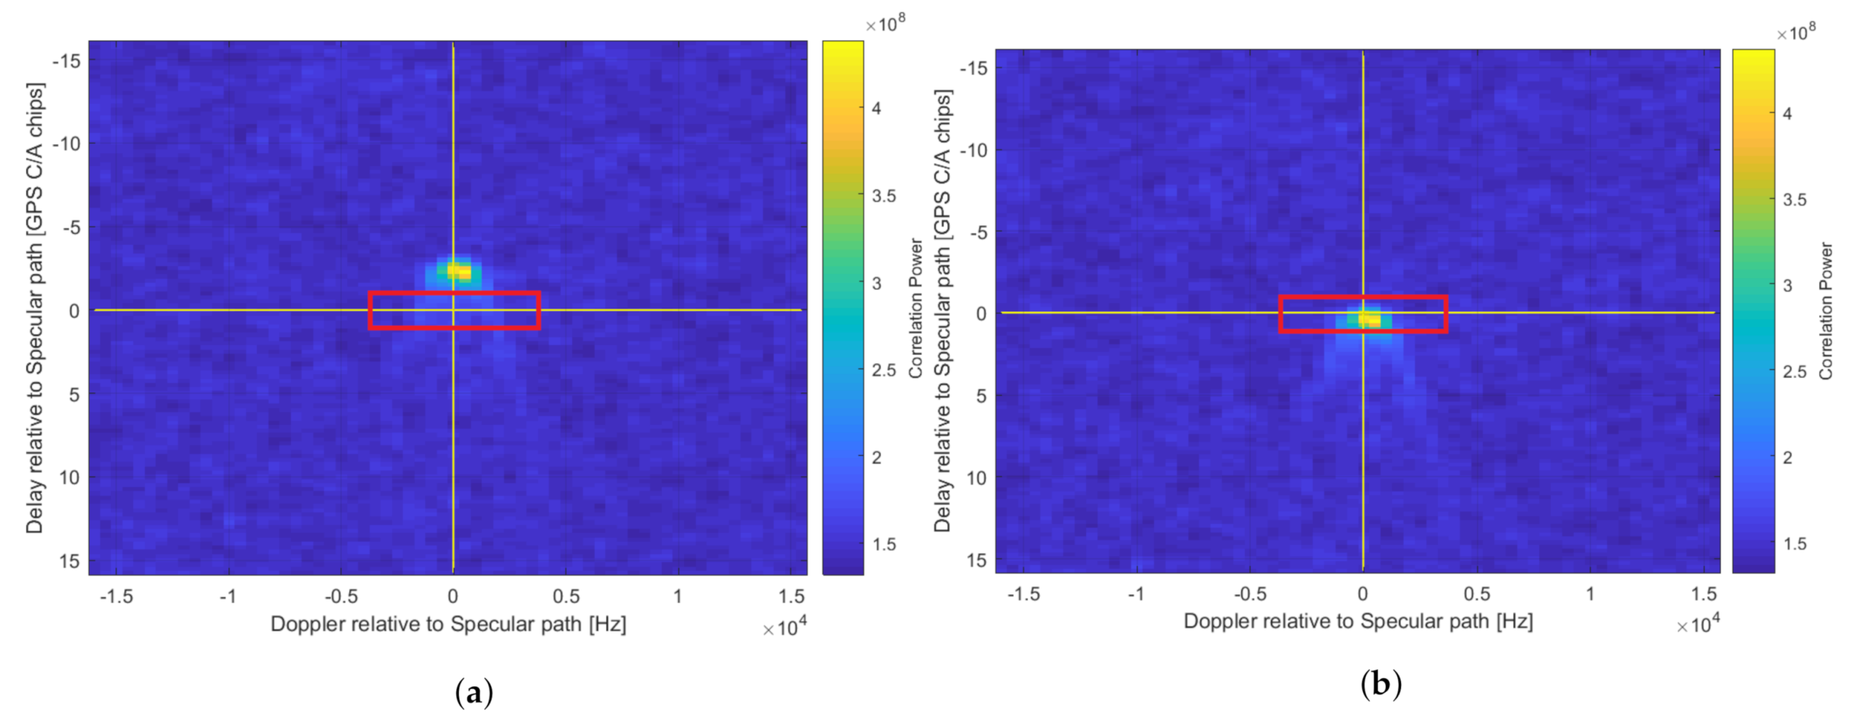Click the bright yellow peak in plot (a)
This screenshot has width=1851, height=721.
[459, 272]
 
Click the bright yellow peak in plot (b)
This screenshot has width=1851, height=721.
[1368, 319]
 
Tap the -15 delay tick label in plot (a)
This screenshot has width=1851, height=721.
[66, 61]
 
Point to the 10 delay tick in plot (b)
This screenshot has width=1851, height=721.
[976, 478]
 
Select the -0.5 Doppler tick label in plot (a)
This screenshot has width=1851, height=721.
[340, 596]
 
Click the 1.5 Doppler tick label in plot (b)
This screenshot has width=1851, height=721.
[1704, 594]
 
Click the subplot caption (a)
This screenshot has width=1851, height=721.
[474, 693]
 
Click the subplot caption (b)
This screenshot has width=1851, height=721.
[1381, 683]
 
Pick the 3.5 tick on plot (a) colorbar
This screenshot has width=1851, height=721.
[883, 196]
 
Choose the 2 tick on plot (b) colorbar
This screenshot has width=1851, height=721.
[1787, 457]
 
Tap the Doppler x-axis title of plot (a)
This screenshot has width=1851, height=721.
[448, 624]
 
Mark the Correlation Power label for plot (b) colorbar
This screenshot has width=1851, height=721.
[1826, 311]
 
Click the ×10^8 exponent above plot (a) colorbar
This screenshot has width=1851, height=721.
[885, 25]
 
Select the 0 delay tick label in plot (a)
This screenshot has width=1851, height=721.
[74, 311]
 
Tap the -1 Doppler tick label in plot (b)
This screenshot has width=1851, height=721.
[1136, 594]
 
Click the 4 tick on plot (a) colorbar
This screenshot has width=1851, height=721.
[876, 108]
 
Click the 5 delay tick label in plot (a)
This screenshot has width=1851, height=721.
[74, 394]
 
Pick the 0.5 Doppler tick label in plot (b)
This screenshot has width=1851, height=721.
[1476, 594]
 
